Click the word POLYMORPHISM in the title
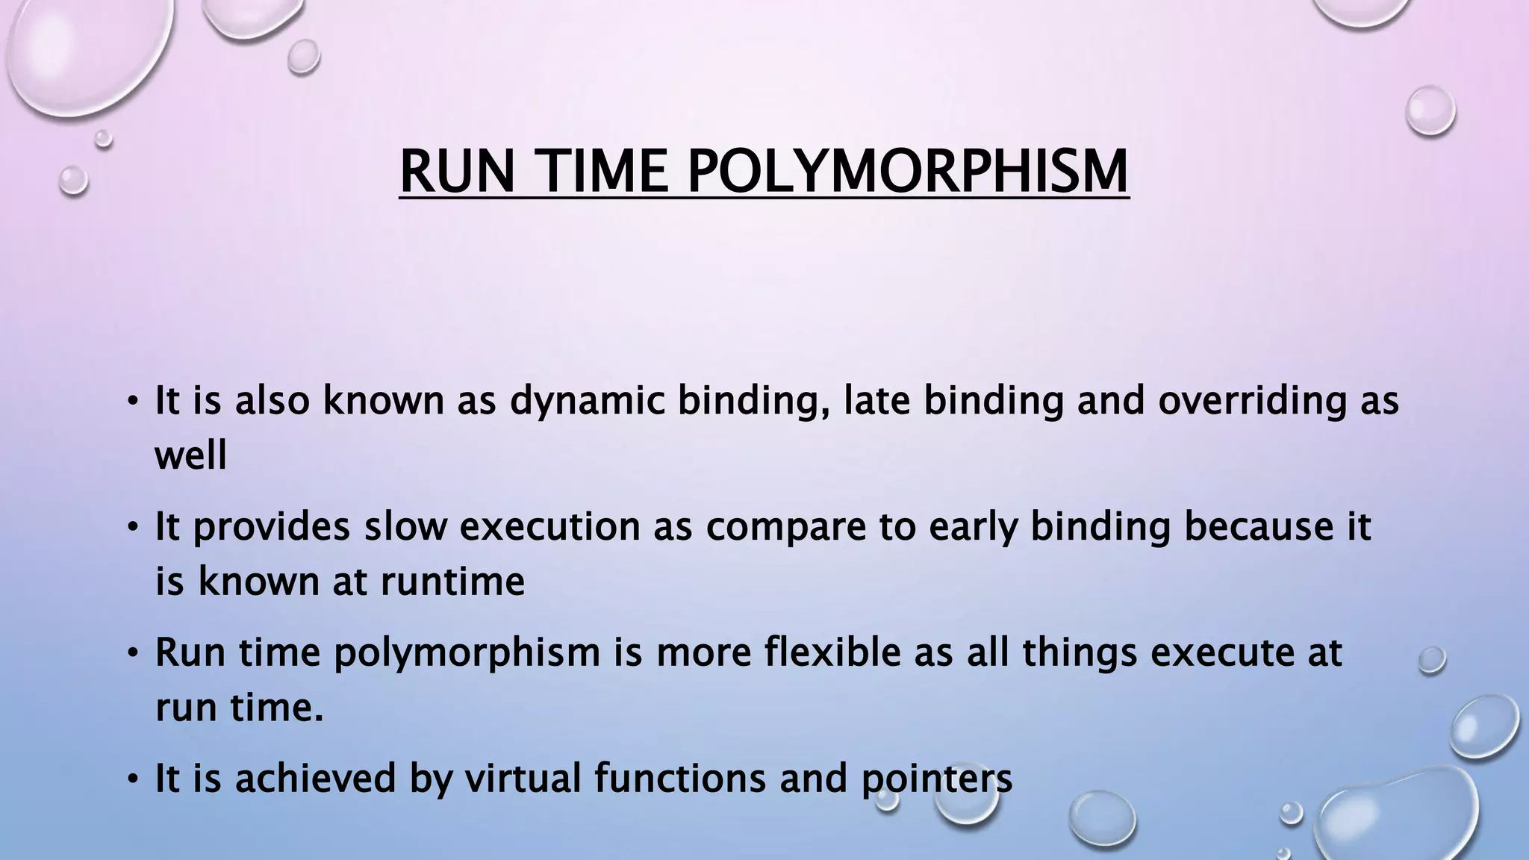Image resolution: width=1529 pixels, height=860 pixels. [x=907, y=172]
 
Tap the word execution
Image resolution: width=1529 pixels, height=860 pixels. [x=549, y=527]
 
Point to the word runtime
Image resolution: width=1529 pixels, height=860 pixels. [x=452, y=581]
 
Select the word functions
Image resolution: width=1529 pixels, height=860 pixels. [x=680, y=778]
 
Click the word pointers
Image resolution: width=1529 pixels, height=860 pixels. [x=937, y=778]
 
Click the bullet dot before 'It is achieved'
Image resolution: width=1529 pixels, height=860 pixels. [x=133, y=779]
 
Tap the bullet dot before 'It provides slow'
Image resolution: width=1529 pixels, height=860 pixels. [x=133, y=528]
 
